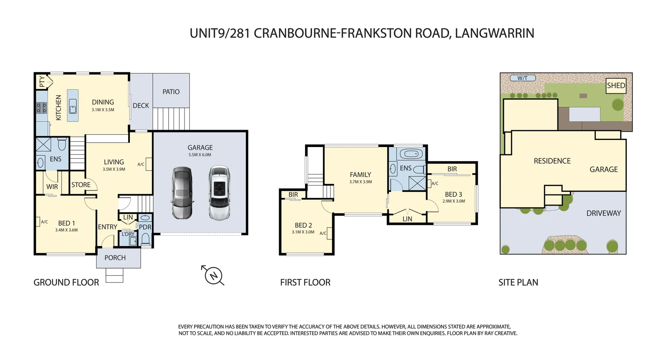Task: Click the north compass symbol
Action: coord(213,275)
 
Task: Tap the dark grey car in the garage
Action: coord(182,193)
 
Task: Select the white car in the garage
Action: coord(219,193)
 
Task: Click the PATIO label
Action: coord(171,92)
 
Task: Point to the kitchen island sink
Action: coord(73,106)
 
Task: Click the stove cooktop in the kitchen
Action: coord(42,108)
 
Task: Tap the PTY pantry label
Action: coord(42,82)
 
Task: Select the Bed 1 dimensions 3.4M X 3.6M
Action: coord(66,230)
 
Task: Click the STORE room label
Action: coord(81,185)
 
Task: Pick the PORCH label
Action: coord(115,258)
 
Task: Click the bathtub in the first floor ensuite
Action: coord(408,154)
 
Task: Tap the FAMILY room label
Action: coord(360,175)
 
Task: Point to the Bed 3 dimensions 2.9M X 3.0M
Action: coord(454,201)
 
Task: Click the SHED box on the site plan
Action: coord(616,86)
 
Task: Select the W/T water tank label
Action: coord(522,78)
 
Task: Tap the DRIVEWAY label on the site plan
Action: coord(603,213)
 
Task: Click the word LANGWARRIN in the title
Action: coord(494,34)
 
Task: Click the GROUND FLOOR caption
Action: coord(66,282)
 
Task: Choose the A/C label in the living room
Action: coord(141,164)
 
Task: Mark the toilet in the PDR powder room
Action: coord(145,239)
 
